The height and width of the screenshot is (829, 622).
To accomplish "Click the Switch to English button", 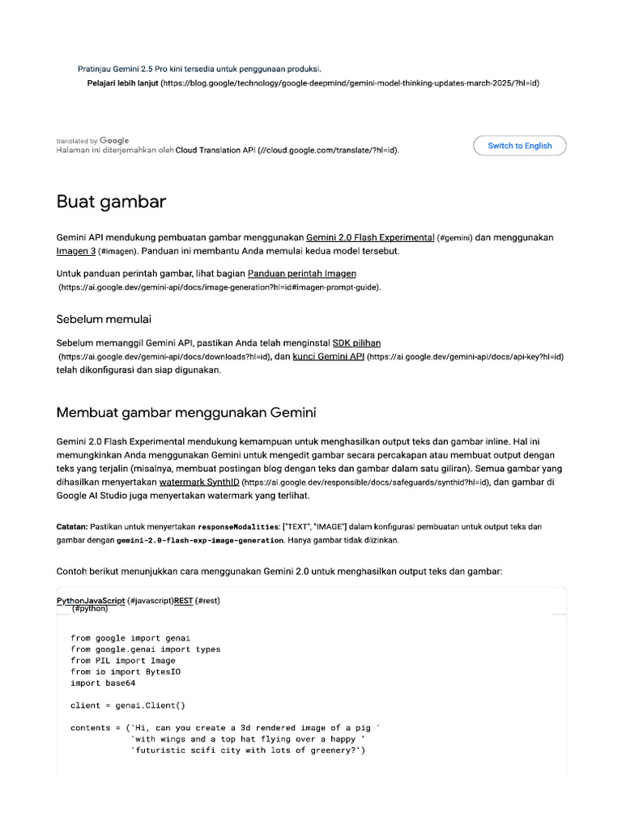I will (x=519, y=146).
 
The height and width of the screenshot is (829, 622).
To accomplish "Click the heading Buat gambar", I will (x=111, y=202).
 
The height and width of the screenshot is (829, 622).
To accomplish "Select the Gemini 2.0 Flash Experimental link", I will (x=370, y=237).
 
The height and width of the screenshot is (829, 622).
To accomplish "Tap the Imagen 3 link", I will (x=77, y=251).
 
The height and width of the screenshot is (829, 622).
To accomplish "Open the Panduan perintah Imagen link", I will (x=302, y=274).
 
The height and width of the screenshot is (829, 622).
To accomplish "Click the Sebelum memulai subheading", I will (x=104, y=318).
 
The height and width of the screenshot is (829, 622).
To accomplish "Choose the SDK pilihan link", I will (x=356, y=343).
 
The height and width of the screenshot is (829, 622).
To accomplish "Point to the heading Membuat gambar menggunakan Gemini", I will (x=185, y=413).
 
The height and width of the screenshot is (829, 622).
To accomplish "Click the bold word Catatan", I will (x=71, y=527).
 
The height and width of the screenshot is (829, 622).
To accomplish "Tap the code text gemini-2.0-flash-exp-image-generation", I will (x=200, y=540).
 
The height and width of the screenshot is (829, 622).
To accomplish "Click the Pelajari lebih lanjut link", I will (x=122, y=83).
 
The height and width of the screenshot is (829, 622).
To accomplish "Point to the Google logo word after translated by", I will (x=115, y=141).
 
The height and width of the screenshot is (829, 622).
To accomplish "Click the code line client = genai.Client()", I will (x=127, y=705).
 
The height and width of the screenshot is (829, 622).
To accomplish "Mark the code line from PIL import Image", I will (x=122, y=660).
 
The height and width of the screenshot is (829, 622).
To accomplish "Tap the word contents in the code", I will (x=90, y=728).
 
